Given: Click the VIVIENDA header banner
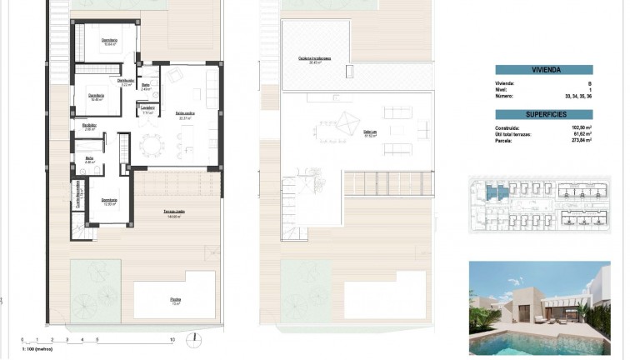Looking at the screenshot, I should pyautogui.click(x=543, y=70).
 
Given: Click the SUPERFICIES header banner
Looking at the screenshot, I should pyautogui.click(x=543, y=114).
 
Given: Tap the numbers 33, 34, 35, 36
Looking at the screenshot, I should pyautogui.click(x=577, y=97).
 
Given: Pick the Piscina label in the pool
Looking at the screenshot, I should pyautogui.click(x=176, y=300).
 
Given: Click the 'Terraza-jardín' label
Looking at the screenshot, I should pyautogui.click(x=174, y=212).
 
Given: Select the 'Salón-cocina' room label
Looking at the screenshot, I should pyautogui.click(x=185, y=113).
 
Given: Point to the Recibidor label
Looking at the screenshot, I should pyautogui.click(x=90, y=126).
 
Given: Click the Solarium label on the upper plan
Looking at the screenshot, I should pyautogui.click(x=370, y=132).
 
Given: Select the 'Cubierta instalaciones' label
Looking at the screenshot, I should pyautogui.click(x=315, y=58).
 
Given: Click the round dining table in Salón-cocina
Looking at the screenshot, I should pyautogui.click(x=152, y=146).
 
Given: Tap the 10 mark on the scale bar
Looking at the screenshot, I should pyautogui.click(x=172, y=341).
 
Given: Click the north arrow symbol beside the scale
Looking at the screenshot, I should pyautogui.click(x=194, y=338).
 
